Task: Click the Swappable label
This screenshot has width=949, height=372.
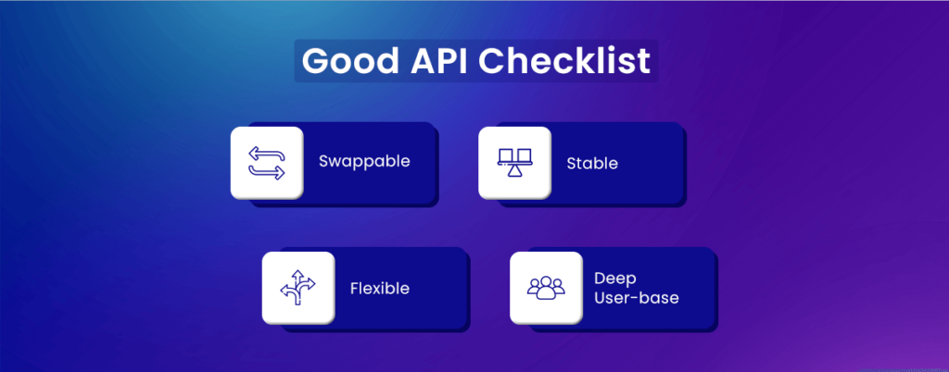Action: point(364,162)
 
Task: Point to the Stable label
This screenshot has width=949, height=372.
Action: point(592,164)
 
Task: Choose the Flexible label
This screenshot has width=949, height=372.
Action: point(379,288)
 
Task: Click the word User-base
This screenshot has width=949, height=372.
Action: point(637,298)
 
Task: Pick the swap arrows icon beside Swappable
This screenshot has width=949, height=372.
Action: point(267,162)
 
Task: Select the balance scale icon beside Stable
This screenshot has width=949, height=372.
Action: point(514,162)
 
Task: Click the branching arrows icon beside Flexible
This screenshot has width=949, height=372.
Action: point(298,288)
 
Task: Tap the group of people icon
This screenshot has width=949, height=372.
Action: point(546,288)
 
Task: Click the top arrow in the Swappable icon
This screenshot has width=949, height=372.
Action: point(267,152)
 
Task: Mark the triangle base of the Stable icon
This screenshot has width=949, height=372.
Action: point(514,173)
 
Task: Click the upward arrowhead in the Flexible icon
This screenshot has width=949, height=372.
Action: point(298,275)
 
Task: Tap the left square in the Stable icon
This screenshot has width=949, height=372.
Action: point(505,155)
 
